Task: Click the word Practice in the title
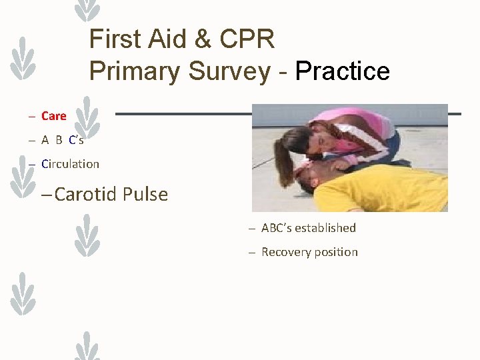click(x=343, y=71)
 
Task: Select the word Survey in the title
click(x=229, y=71)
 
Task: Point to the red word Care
click(x=53, y=116)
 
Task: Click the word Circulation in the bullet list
click(x=70, y=164)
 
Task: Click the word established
click(x=325, y=228)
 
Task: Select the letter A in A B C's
click(x=45, y=140)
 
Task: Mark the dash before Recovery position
click(x=252, y=252)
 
